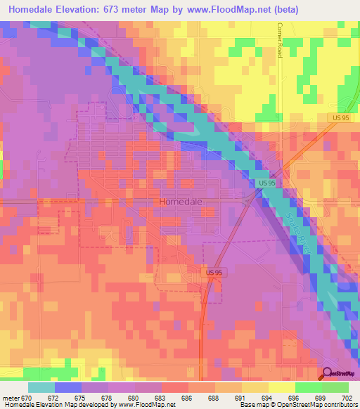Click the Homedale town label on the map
pos(181,202)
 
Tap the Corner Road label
pos(279,39)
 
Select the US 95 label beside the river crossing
pos(266,183)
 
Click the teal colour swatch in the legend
pos(41,387)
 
